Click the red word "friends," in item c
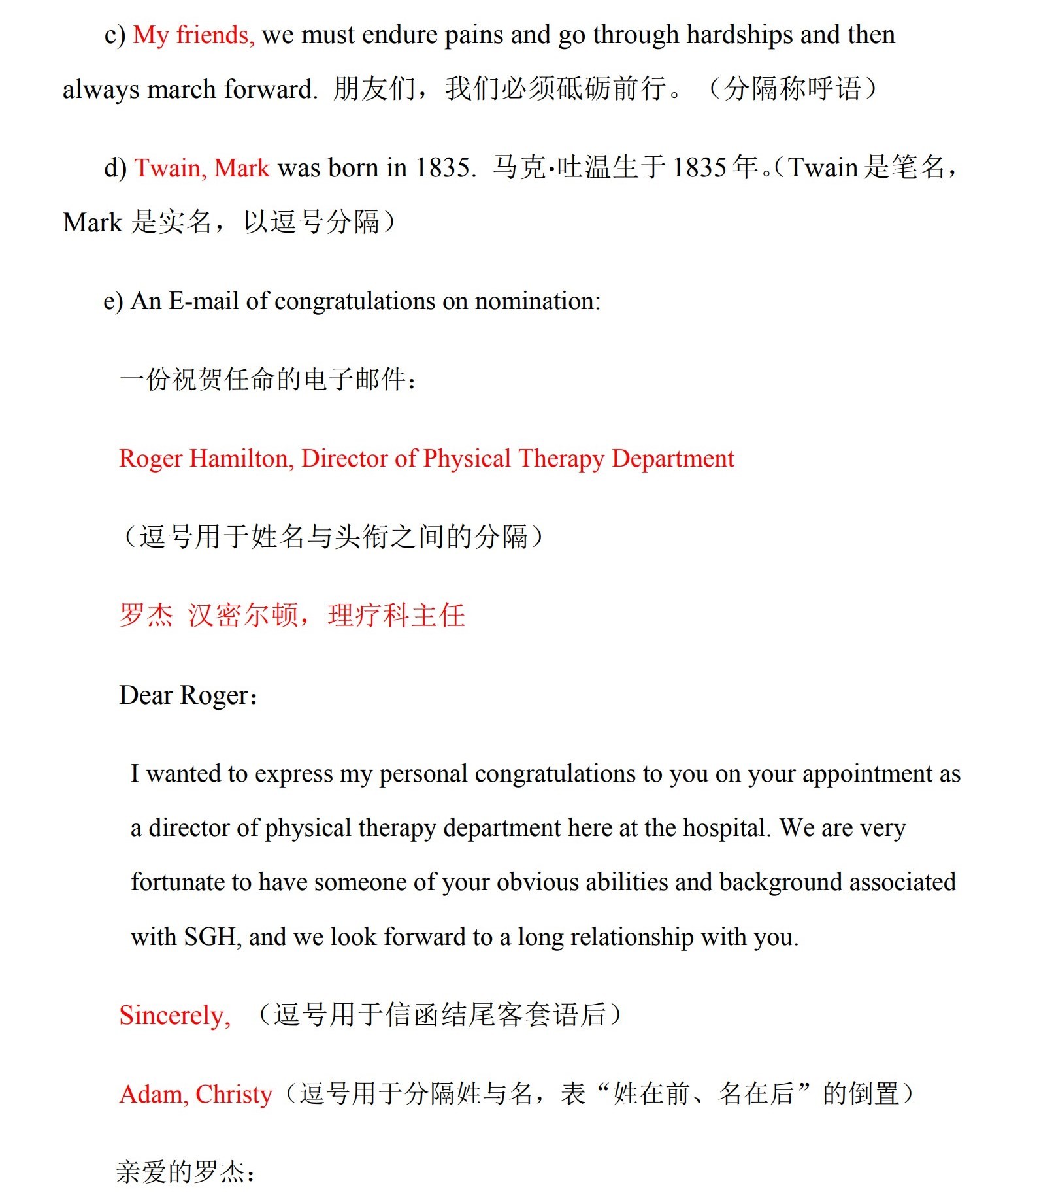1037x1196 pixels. pyautogui.click(x=215, y=35)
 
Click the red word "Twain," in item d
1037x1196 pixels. pyautogui.click(x=171, y=168)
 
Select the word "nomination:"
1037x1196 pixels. pyautogui.click(x=537, y=301)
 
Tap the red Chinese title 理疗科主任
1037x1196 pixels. pyautogui.click(x=396, y=616)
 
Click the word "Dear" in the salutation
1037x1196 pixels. pyautogui.click(x=146, y=695)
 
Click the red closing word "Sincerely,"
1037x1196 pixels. pyautogui.click(x=174, y=1015)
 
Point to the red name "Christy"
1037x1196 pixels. pyautogui.click(x=233, y=1094)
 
